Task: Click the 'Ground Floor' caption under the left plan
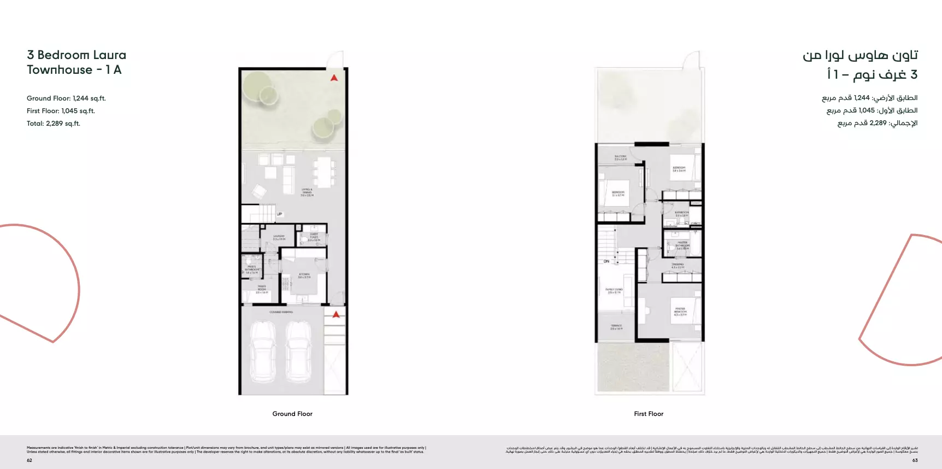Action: pos(292,414)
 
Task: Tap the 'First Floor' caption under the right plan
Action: pos(649,414)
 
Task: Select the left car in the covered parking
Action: pos(262,351)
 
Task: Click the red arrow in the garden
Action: pos(334,78)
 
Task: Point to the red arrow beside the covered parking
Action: pos(336,314)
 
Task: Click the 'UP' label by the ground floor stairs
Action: pos(279,214)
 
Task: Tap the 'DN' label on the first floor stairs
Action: pos(607,261)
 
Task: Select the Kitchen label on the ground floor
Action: pos(304,275)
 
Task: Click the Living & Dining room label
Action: pos(307,192)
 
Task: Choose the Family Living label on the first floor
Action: pos(614,291)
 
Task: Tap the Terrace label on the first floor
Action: pos(616,327)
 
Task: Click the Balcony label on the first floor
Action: pos(620,157)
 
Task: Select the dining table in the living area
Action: pos(323,172)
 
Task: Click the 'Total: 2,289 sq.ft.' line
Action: pos(54,124)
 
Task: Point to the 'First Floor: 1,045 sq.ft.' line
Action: pos(61,111)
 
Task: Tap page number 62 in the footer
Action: pos(30,460)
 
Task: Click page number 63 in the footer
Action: pos(915,460)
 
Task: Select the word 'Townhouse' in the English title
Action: pos(60,70)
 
